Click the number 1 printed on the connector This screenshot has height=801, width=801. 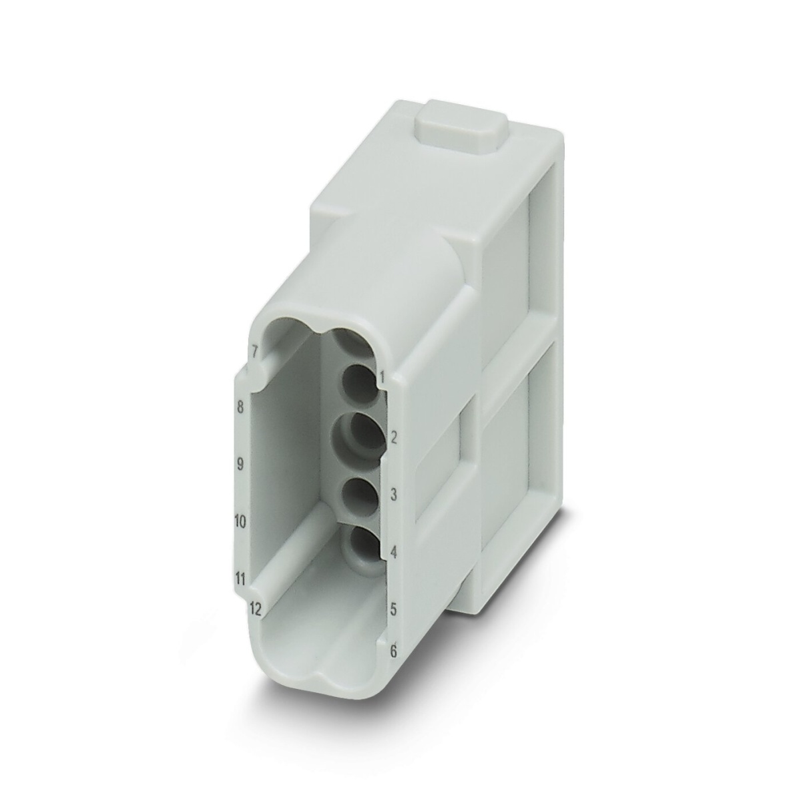tap(382, 378)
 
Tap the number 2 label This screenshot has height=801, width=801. tap(394, 438)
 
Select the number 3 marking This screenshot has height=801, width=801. tap(394, 495)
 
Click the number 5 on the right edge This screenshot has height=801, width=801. tap(394, 609)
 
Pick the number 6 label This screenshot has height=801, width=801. tap(394, 651)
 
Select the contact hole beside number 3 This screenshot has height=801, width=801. tap(360, 494)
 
